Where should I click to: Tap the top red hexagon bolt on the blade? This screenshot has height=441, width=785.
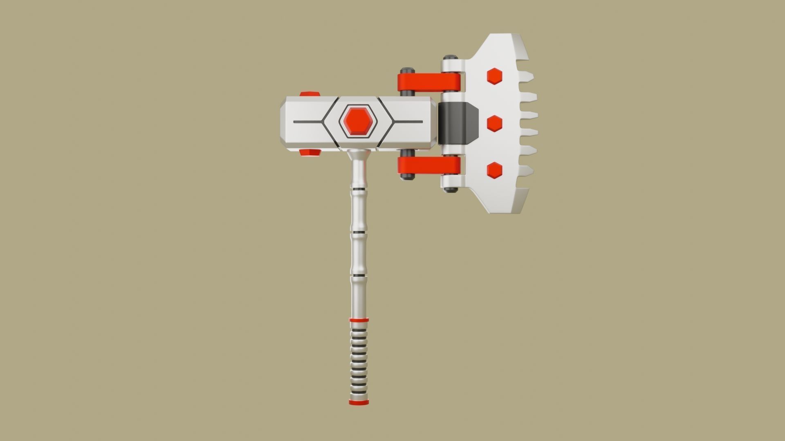tap(494, 76)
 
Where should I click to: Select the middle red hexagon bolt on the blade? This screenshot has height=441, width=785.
tap(495, 123)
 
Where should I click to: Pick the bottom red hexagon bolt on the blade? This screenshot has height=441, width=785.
tap(495, 170)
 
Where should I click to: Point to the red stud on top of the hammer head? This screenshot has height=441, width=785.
tap(310, 94)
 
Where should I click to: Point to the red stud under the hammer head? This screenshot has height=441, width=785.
tap(310, 152)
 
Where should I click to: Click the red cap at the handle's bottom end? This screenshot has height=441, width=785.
tap(359, 402)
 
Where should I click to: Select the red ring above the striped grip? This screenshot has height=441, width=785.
tap(359, 320)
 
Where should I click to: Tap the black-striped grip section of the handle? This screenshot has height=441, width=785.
tap(359, 359)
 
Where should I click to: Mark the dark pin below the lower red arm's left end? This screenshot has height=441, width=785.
tap(407, 177)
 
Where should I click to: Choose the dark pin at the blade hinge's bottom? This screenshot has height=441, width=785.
tap(451, 189)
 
